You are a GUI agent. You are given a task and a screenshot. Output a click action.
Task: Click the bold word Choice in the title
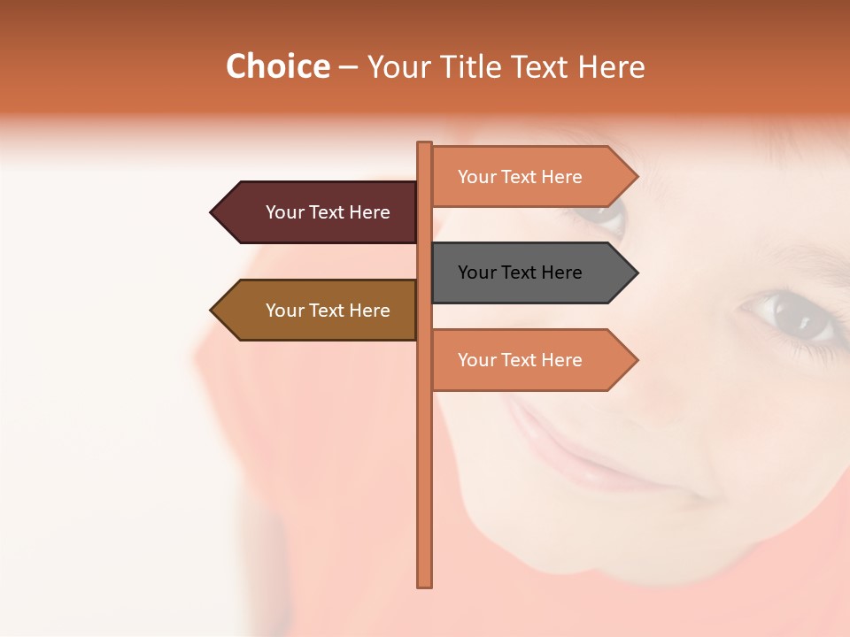pyautogui.click(x=277, y=66)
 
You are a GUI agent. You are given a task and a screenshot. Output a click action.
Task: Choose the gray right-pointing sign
pyautogui.click(x=527, y=272)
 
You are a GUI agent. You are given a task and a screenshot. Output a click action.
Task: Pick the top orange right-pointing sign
pyautogui.click(x=527, y=177)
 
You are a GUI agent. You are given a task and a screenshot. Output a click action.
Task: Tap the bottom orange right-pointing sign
pyautogui.click(x=527, y=360)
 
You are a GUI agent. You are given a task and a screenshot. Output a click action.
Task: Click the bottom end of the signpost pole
pyautogui.click(x=425, y=584)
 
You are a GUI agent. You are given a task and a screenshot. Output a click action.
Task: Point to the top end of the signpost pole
pyautogui.click(x=425, y=144)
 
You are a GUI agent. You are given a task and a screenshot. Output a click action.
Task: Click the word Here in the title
pyautogui.click(x=612, y=66)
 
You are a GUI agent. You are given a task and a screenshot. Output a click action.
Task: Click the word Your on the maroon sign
pyautogui.click(x=284, y=212)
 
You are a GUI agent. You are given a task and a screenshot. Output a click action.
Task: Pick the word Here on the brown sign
pyautogui.click(x=369, y=311)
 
